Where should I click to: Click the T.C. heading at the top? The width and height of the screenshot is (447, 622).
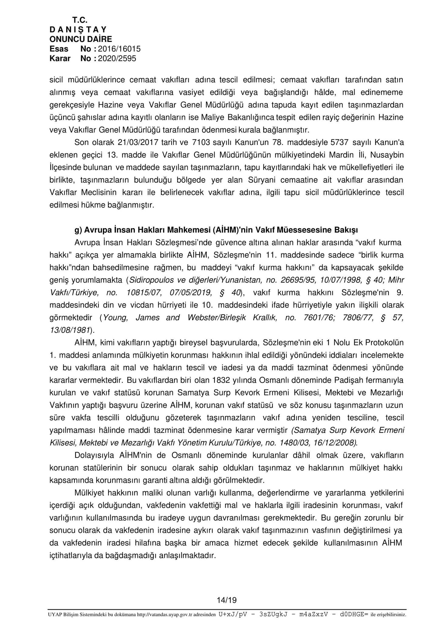(x=80, y=20)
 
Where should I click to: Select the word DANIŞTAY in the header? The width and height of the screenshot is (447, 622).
(x=78, y=29)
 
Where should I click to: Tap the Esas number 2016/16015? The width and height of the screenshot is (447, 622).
(x=119, y=49)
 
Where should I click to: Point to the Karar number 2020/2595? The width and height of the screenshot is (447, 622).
(x=117, y=58)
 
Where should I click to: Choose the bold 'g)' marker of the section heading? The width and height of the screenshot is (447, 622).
(x=78, y=230)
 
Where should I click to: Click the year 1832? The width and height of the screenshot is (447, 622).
(x=222, y=380)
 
